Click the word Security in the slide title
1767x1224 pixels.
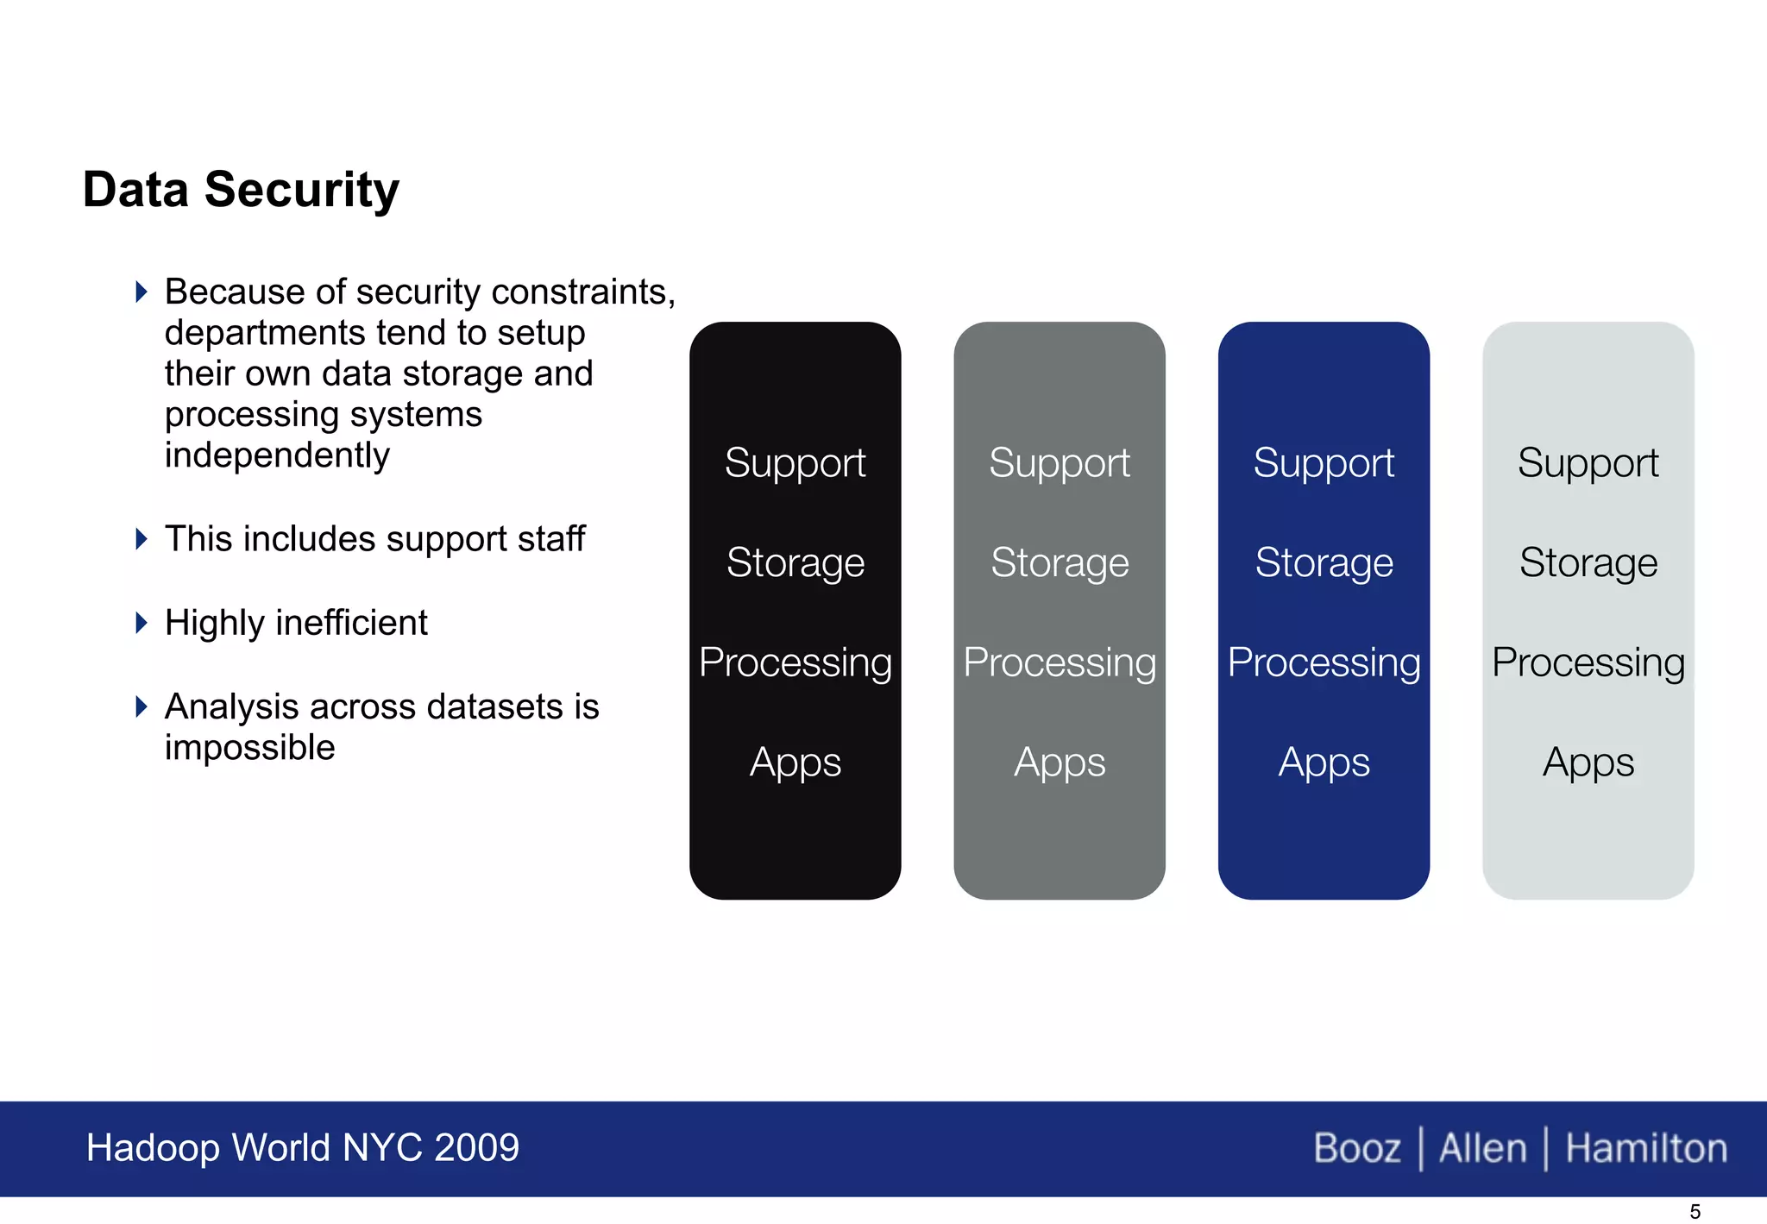[301, 190]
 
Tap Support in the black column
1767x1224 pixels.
[795, 463]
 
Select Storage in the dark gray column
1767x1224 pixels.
[1060, 563]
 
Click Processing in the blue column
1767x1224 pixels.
[1324, 662]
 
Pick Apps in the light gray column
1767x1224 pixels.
[1588, 763]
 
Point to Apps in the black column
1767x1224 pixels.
[795, 763]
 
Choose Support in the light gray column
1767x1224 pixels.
[1588, 463]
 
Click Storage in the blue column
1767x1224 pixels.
[1324, 563]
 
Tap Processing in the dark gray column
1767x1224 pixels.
[1060, 662]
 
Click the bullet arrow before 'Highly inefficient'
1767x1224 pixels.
[141, 622]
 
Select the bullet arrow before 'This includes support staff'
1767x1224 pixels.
[141, 539]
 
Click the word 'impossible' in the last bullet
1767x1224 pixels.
[249, 748]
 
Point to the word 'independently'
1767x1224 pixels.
[277, 455]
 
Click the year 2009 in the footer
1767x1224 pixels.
[476, 1148]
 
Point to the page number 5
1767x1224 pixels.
[1695, 1212]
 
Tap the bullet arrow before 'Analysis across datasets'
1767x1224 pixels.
[141, 706]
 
